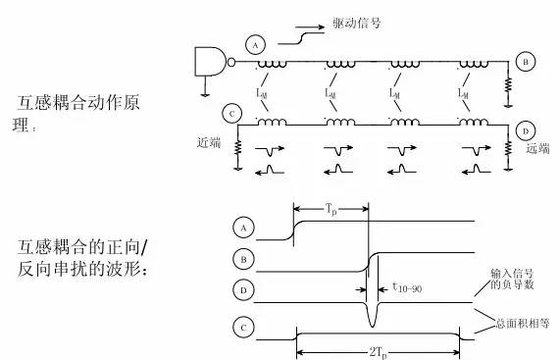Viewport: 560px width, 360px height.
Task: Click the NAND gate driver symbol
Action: point(213,61)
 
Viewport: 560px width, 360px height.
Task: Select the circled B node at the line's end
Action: point(526,62)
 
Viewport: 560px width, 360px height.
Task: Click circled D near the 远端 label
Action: point(527,129)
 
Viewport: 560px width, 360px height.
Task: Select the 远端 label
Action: point(538,149)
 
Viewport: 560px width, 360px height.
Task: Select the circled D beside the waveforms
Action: point(241,289)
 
